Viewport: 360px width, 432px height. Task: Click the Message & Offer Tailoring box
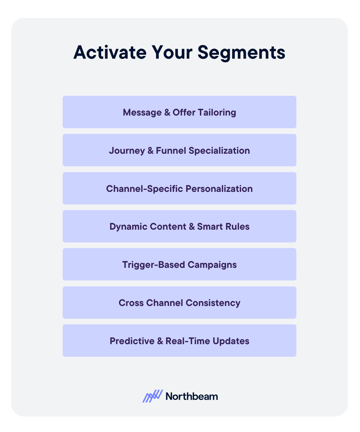click(179, 112)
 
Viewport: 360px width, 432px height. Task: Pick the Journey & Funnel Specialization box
click(179, 150)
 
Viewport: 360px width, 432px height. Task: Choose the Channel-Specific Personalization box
click(179, 188)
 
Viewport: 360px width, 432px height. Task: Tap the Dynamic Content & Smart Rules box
click(179, 226)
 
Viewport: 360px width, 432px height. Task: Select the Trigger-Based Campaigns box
click(179, 264)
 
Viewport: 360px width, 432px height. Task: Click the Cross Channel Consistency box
click(179, 302)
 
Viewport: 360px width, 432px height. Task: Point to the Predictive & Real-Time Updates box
click(179, 341)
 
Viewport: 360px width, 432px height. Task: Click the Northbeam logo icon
click(153, 396)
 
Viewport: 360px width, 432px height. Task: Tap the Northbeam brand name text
click(192, 396)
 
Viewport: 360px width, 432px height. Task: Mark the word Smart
click(210, 226)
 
